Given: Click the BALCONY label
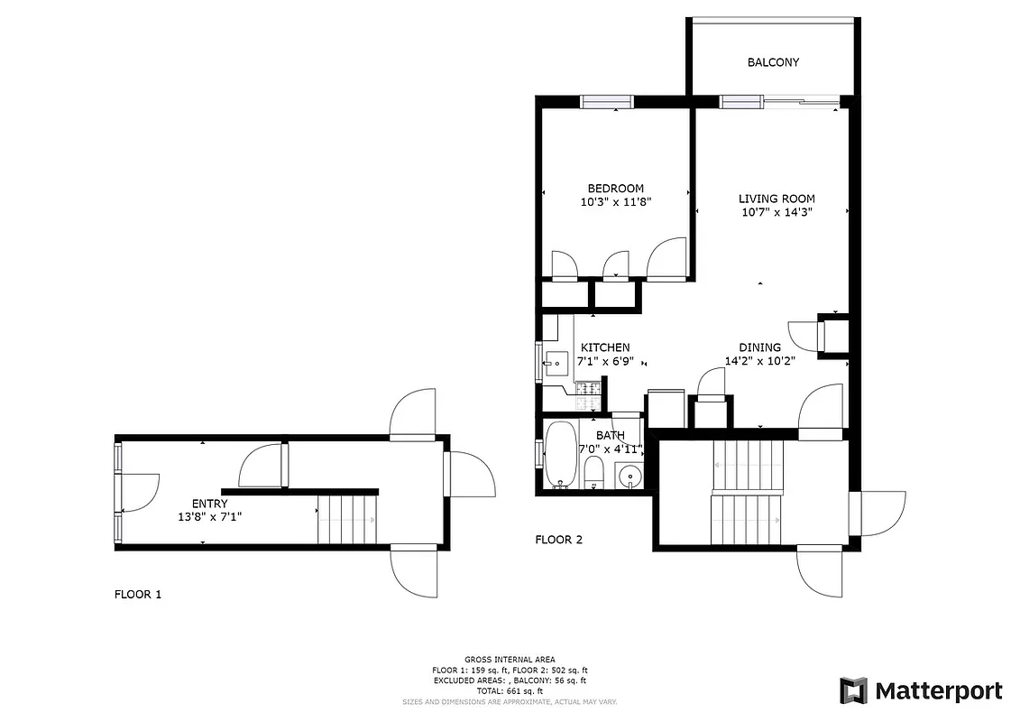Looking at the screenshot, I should pos(773,62).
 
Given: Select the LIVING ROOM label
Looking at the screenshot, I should pos(776,199).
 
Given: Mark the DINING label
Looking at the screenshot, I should pos(759,347).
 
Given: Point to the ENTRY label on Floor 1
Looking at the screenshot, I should pos(209,504).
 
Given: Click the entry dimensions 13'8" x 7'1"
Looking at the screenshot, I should pos(209,517).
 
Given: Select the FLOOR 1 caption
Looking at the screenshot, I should pos(138,595).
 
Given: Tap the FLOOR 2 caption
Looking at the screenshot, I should pos(558,540).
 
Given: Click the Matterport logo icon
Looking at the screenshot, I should pos(853,691).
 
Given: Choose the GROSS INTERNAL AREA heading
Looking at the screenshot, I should pos(510,660).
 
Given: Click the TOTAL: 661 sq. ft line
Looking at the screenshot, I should pos(510,690).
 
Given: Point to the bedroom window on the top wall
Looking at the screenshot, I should pos(606,101).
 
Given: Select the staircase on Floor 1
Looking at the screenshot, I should pos(346,522).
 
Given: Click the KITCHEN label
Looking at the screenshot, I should pos(604,347).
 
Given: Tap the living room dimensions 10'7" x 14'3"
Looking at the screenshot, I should pos(776,213).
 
